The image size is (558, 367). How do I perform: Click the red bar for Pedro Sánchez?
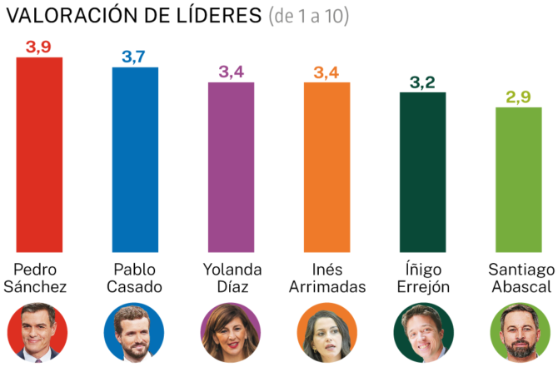tap(40, 154)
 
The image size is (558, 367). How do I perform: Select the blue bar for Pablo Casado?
tap(136, 159)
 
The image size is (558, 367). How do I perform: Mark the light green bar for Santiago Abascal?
tap(519, 179)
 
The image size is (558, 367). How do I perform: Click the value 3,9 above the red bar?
tap(40, 47)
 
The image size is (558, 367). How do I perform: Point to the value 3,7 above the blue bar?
tap(136, 57)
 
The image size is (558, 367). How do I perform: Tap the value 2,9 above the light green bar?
tap(519, 97)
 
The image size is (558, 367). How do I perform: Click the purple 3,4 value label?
tap(232, 72)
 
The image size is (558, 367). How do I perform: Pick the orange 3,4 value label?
tap(326, 72)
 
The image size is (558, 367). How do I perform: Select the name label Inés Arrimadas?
tap(326, 278)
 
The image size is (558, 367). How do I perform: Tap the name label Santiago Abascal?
tap(519, 278)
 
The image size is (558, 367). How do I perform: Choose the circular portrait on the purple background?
tap(232, 332)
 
